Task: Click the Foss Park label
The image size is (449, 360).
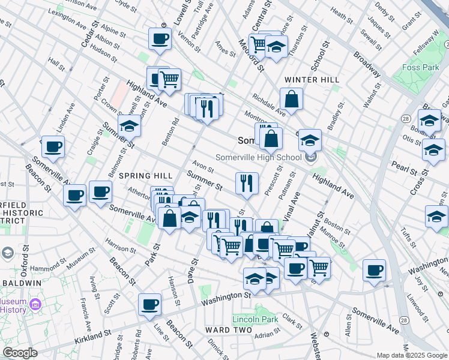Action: (x=421, y=67)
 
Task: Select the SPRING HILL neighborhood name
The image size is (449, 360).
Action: (x=146, y=176)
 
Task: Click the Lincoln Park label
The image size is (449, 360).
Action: (x=255, y=319)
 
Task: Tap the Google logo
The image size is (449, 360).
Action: (x=20, y=352)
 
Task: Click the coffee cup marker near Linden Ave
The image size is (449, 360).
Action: (x=53, y=147)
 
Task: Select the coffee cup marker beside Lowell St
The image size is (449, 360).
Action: (x=160, y=39)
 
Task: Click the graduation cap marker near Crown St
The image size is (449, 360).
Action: (x=129, y=126)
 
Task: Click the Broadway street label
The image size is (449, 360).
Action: (x=367, y=64)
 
